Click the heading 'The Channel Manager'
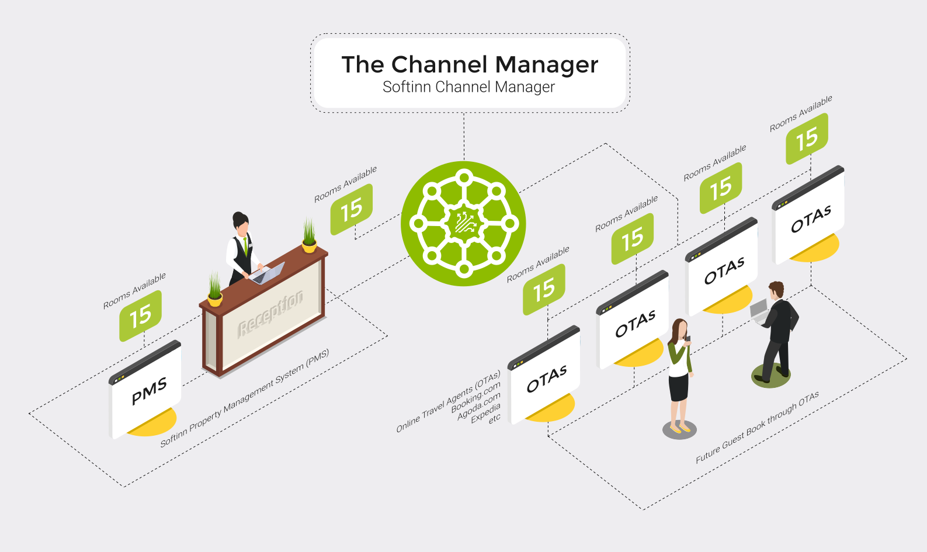[x=470, y=65]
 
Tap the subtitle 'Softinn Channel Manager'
[x=468, y=87]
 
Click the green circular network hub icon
[x=464, y=224]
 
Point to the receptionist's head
[x=241, y=221]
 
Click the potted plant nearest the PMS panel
[x=215, y=290]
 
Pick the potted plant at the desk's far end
[x=309, y=237]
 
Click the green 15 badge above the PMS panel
[x=140, y=316]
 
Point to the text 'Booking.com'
[x=476, y=397]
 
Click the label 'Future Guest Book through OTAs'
[x=757, y=428]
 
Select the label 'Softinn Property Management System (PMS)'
[x=245, y=398]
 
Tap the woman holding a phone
[x=679, y=374]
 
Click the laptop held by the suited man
[x=759, y=310]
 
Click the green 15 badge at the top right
[x=807, y=139]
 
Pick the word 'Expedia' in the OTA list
[x=486, y=413]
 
